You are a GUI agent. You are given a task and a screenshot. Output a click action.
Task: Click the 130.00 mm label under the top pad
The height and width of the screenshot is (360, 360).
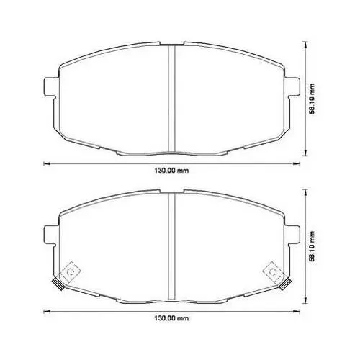(171, 171)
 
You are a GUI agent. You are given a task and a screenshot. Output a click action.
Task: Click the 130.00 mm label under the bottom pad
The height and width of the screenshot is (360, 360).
(171, 318)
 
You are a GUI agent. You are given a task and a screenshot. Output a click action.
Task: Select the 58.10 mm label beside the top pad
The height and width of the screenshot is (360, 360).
(312, 99)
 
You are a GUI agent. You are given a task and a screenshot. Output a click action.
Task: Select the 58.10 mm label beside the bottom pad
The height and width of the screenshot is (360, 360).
(312, 246)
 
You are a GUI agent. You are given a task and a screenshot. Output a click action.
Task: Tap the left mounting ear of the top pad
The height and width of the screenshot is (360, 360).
(51, 87)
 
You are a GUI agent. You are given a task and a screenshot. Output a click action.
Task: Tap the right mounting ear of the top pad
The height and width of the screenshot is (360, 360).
(292, 87)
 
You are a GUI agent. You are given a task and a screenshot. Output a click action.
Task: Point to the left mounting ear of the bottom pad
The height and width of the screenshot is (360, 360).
(51, 235)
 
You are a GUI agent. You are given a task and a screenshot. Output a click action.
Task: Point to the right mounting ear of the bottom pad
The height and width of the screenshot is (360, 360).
(292, 235)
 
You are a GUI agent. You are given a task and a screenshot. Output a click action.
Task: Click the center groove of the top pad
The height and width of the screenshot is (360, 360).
(171, 99)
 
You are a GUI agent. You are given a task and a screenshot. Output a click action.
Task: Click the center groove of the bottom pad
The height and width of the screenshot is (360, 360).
(171, 246)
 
